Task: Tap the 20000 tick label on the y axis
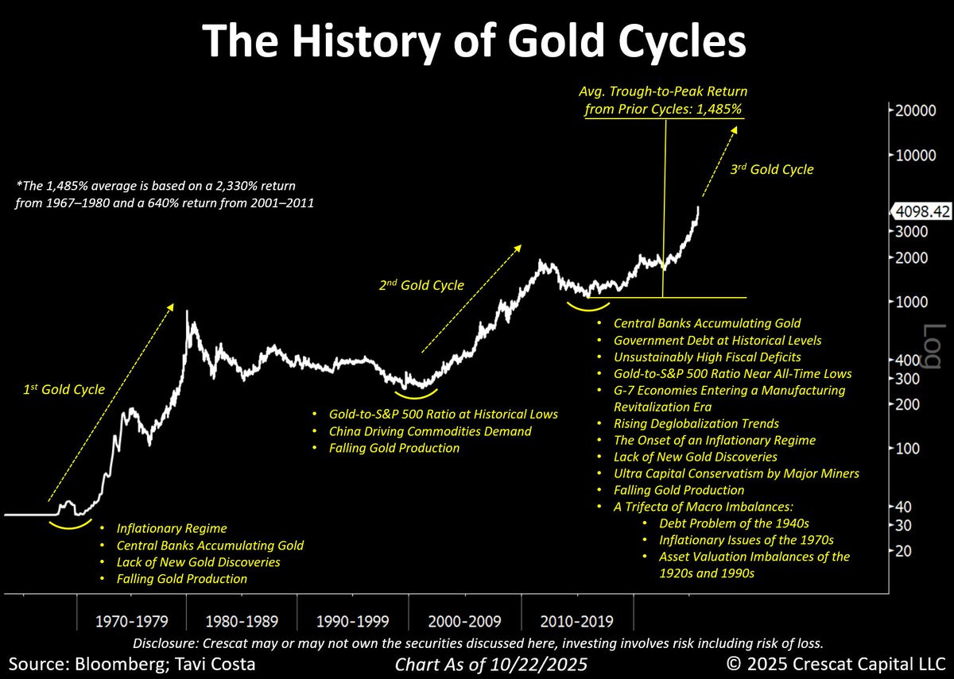pyautogui.click(x=912, y=110)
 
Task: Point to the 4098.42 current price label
pyautogui.click(x=922, y=212)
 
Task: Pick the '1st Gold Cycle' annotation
pyautogui.click(x=63, y=389)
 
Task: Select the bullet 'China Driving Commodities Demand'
pyautogui.click(x=430, y=431)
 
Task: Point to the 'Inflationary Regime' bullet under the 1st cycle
pyautogui.click(x=172, y=528)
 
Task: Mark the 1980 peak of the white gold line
pyautogui.click(x=187, y=311)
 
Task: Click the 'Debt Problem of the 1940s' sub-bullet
pyautogui.click(x=734, y=523)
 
